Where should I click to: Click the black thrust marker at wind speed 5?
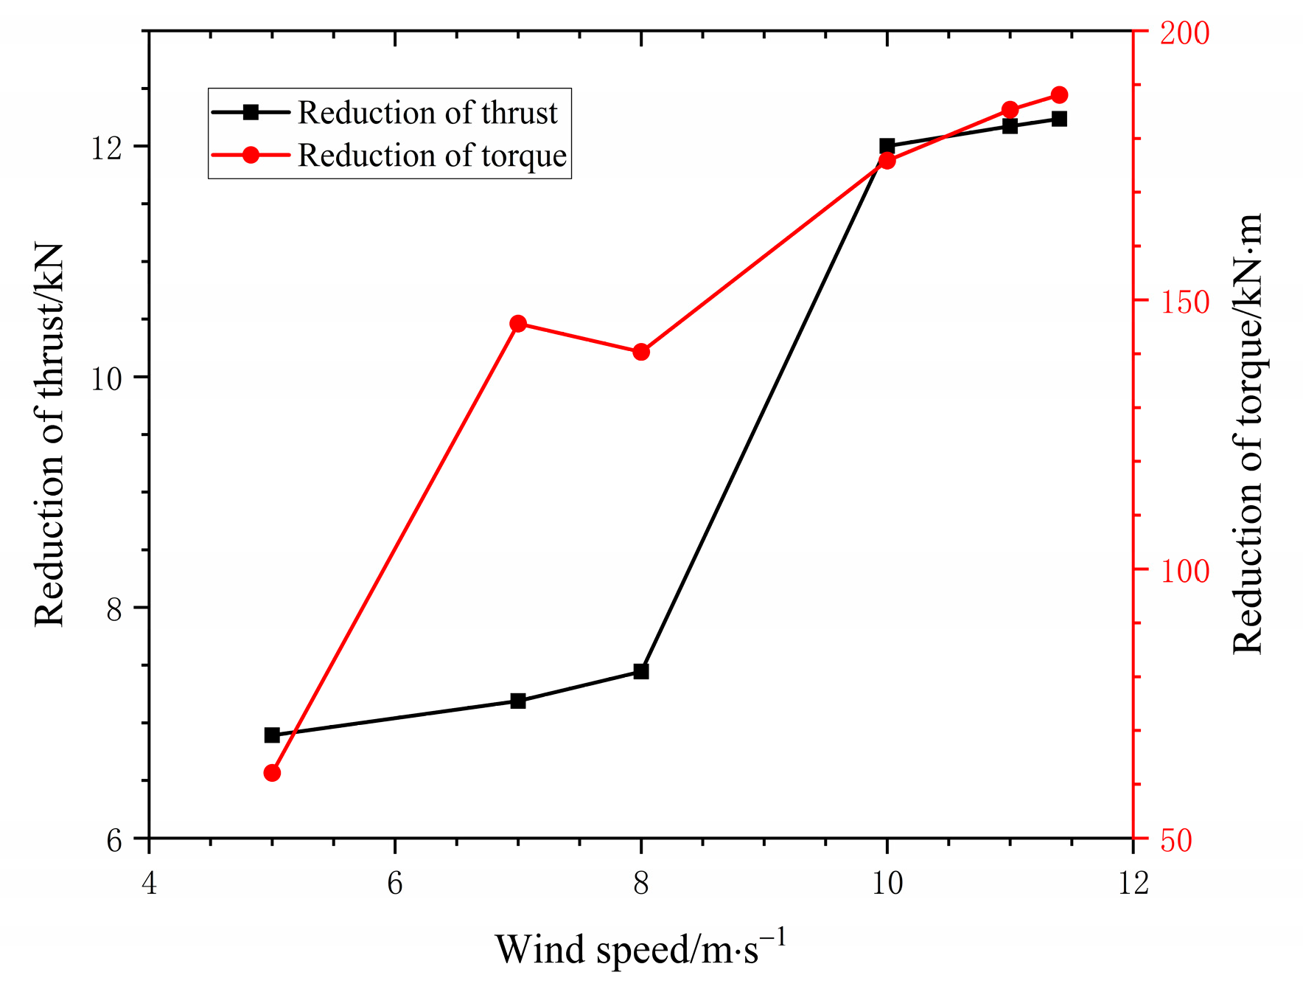(x=272, y=735)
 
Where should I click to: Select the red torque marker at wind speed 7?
(x=518, y=324)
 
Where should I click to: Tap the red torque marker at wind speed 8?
(x=641, y=352)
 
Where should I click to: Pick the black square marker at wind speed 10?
(x=887, y=146)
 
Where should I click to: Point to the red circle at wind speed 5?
(x=272, y=773)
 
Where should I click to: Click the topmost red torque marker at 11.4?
(x=1059, y=95)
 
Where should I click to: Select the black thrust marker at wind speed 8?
(x=641, y=671)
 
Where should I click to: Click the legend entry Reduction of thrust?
(x=427, y=113)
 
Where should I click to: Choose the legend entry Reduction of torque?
(x=432, y=156)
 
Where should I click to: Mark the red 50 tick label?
(x=1176, y=841)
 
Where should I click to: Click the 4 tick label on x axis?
(x=150, y=883)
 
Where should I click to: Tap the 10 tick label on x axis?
(x=887, y=883)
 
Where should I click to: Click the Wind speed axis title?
(x=640, y=950)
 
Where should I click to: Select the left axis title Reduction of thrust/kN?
(x=50, y=435)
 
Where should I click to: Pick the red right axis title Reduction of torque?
(x=1248, y=435)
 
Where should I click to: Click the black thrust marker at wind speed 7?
(x=518, y=701)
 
